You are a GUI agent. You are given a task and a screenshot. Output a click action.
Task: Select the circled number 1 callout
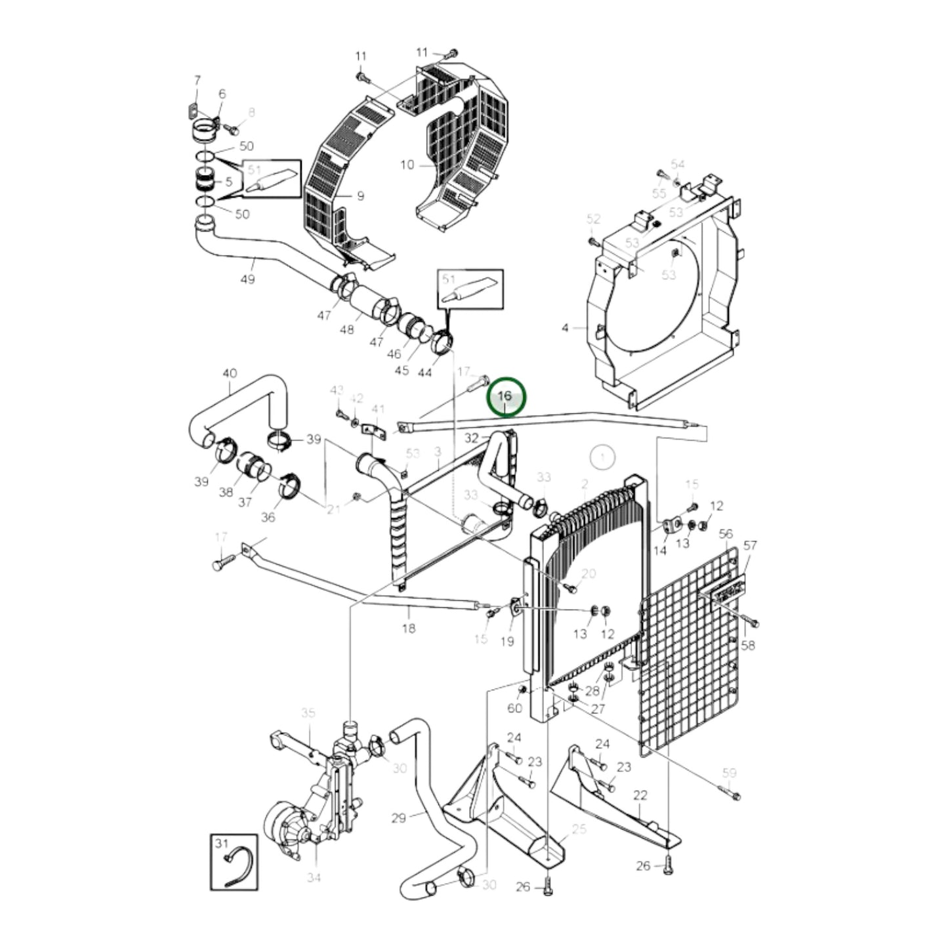601,455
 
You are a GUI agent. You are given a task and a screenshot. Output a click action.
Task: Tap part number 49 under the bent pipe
247,279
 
